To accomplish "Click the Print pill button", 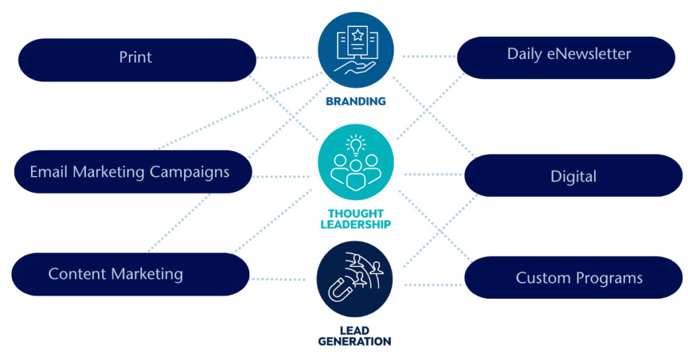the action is tap(137, 60).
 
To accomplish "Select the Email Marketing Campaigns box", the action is tap(133, 172).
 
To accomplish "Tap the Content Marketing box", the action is tap(130, 274).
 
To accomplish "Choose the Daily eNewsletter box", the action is tap(566, 58).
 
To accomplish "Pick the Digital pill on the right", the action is tap(574, 175).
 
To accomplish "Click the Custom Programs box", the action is tap(574, 277).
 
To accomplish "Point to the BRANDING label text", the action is tap(356, 101).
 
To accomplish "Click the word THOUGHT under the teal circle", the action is tap(356, 214).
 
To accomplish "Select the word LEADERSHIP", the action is tap(356, 224).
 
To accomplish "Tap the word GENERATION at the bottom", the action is tap(355, 341).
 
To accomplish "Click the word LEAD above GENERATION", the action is tap(355, 330).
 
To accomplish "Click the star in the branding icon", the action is tap(357, 35).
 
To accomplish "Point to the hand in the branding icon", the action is tap(355, 67).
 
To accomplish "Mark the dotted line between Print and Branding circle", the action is tap(284, 58).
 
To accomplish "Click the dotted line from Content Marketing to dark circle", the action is tap(277, 279).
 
